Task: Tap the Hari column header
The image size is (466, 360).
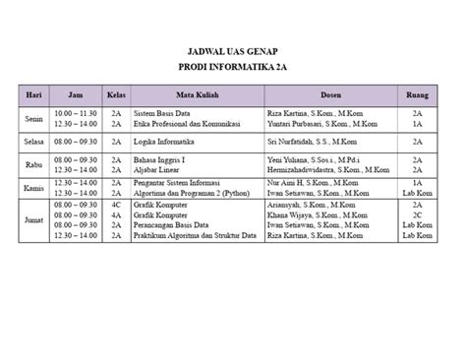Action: pyautogui.click(x=32, y=95)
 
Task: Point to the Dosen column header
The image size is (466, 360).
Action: pyautogui.click(x=331, y=95)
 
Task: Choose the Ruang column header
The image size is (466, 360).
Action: pyautogui.click(x=418, y=95)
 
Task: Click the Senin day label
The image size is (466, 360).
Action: pyautogui.click(x=32, y=119)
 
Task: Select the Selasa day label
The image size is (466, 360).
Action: pyautogui.click(x=32, y=141)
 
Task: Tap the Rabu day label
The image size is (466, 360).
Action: pyautogui.click(x=32, y=163)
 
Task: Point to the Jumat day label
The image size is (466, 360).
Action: pyautogui.click(x=32, y=210)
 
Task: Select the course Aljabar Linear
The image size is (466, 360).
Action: pyautogui.click(x=162, y=168)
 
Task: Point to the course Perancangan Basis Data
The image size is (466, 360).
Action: pyautogui.click(x=178, y=226)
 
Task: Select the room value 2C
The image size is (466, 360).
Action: pyautogui.click(x=418, y=216)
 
